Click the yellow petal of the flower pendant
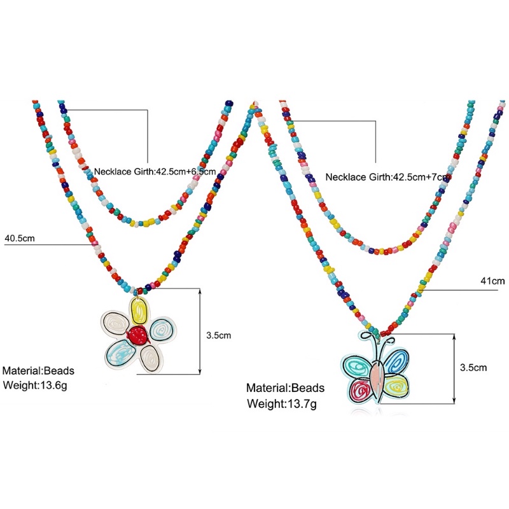click(140, 311)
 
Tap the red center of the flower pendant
click(136, 334)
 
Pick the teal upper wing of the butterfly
click(356, 366)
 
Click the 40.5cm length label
click(19, 238)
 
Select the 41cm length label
click(492, 281)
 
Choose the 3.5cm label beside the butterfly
click(473, 367)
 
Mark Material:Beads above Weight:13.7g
click(286, 387)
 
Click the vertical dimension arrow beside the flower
click(200, 331)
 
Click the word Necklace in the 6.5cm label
click(113, 171)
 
